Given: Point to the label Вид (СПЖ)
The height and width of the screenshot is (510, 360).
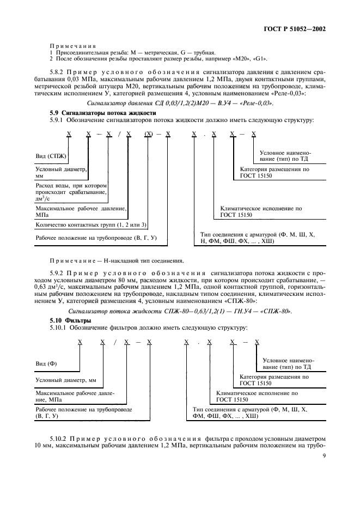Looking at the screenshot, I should click(x=51, y=156).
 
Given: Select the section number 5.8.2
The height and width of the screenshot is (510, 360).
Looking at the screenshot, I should click(x=58, y=72).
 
